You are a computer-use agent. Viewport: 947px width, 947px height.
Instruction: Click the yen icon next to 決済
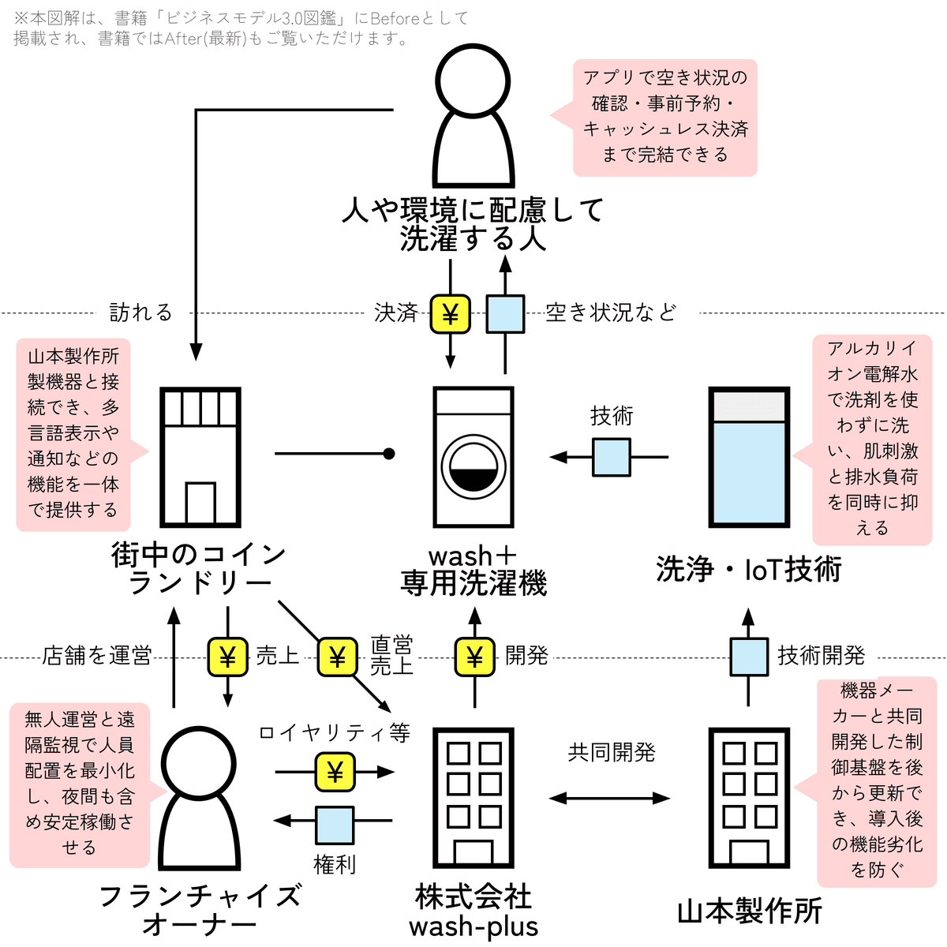click(x=450, y=314)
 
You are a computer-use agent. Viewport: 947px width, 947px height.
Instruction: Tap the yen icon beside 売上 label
click(x=227, y=657)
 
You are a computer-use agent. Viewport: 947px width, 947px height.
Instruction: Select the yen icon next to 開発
click(x=474, y=657)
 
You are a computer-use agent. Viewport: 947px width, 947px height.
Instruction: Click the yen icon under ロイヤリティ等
click(x=335, y=772)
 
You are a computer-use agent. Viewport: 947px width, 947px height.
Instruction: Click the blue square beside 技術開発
click(x=748, y=657)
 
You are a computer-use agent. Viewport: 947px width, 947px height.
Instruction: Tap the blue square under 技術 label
click(x=612, y=457)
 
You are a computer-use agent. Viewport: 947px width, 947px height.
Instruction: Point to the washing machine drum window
click(x=473, y=466)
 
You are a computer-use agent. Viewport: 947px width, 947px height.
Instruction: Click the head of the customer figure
click(x=473, y=81)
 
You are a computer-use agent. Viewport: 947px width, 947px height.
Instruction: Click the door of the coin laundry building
click(x=200, y=503)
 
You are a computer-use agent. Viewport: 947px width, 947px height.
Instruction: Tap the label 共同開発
click(x=612, y=752)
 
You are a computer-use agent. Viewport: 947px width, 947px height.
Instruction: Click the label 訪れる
click(x=141, y=313)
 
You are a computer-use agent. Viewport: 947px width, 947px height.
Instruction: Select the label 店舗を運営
click(x=97, y=656)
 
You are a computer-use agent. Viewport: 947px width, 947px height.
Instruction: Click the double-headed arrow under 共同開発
click(x=609, y=798)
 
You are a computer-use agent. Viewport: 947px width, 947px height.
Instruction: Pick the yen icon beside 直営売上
click(x=337, y=657)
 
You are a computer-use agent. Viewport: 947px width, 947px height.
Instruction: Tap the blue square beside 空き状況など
click(x=505, y=314)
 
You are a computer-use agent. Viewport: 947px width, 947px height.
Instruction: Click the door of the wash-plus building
click(x=473, y=852)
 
